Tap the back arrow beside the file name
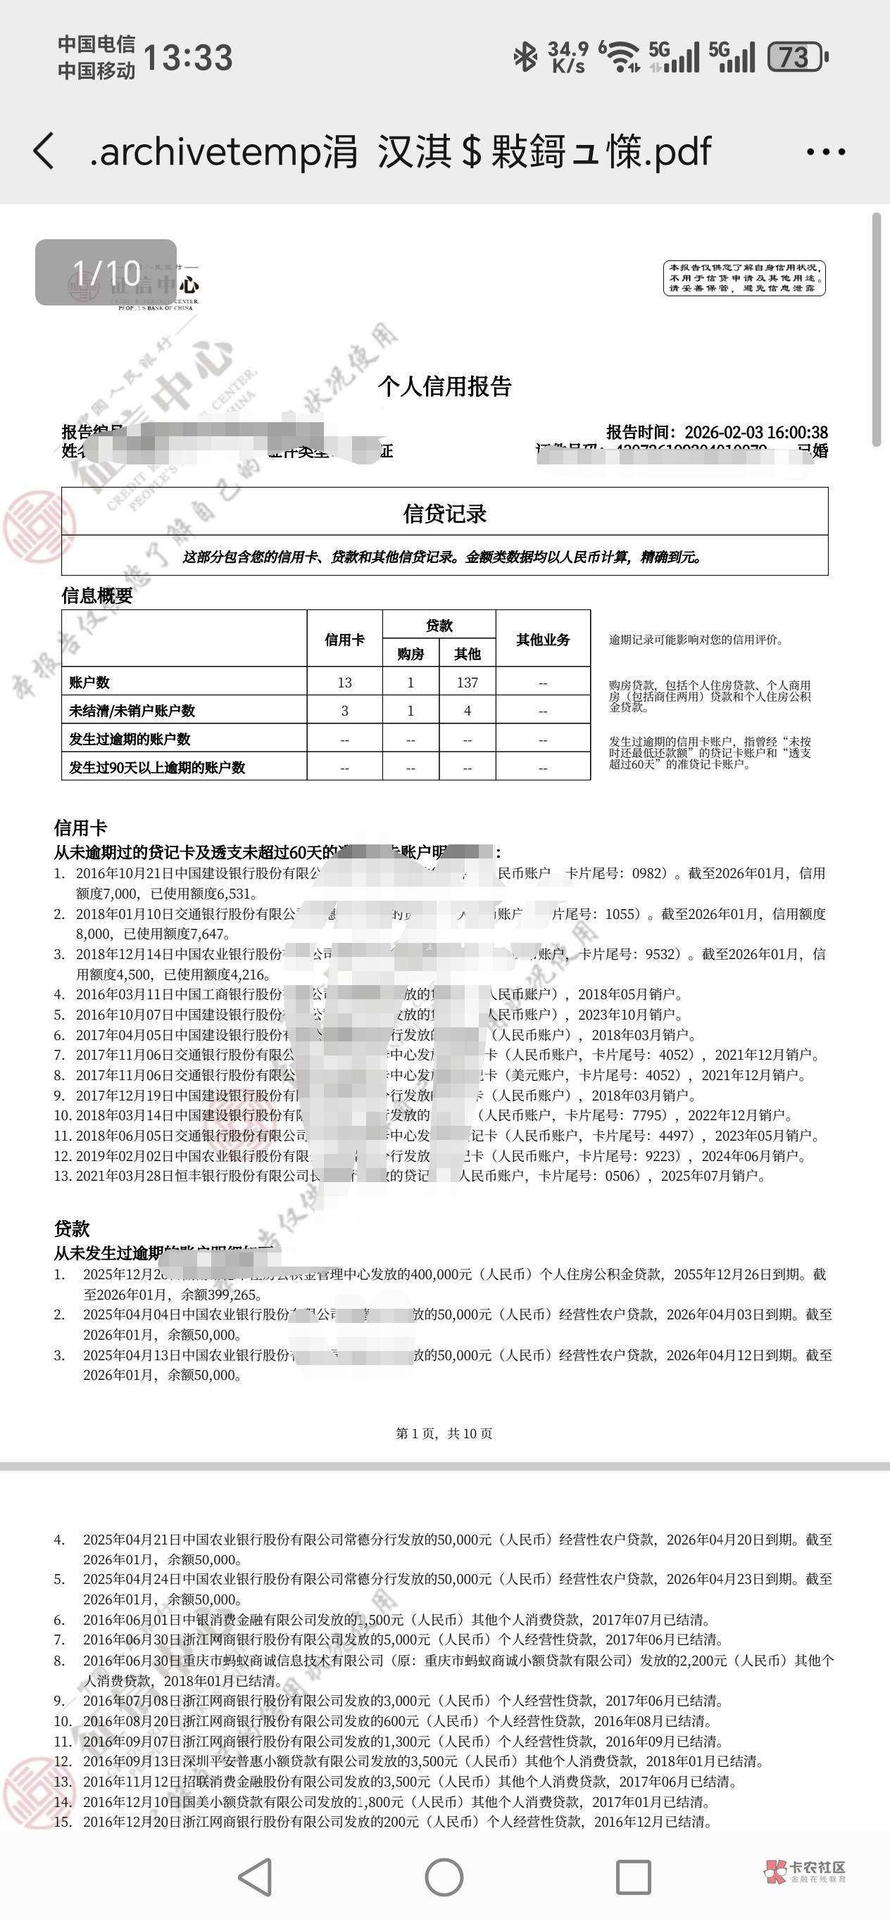[x=43, y=151]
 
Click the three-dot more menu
[x=826, y=152]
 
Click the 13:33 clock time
[x=188, y=58]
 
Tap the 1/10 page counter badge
[x=106, y=272]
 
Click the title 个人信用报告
[x=444, y=386]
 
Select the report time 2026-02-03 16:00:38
[x=756, y=433]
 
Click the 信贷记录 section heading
[x=444, y=513]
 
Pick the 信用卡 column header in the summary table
[x=344, y=639]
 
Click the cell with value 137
[x=467, y=683]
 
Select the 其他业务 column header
[x=543, y=639]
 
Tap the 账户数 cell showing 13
[x=344, y=683]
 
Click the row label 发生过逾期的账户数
[x=130, y=739]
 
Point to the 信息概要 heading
[x=97, y=595]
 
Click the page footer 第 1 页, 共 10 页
[x=444, y=1433]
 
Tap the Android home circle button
[x=444, y=1877]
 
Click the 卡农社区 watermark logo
[x=806, y=1870]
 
